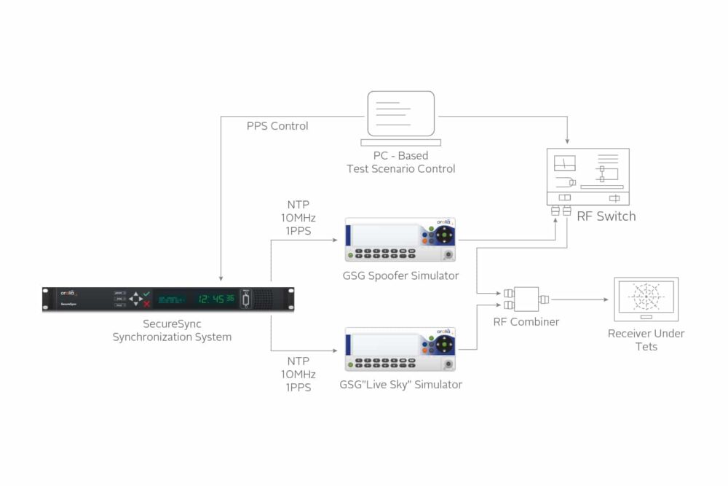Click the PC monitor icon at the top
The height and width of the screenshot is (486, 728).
pyautogui.click(x=401, y=114)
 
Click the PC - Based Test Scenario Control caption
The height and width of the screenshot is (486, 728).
pyautogui.click(x=401, y=162)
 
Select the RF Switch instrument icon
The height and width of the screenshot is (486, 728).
pyautogui.click(x=587, y=177)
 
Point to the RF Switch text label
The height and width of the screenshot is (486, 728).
pyautogui.click(x=606, y=216)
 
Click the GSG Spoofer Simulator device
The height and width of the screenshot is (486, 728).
pyautogui.click(x=400, y=239)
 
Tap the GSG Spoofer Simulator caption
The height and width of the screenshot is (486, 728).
pyautogui.click(x=400, y=275)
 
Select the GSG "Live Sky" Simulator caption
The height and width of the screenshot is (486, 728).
pyautogui.click(x=401, y=385)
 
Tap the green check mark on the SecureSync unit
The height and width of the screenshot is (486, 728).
pyautogui.click(x=146, y=293)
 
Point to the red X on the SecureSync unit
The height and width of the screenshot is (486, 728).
pyautogui.click(x=146, y=304)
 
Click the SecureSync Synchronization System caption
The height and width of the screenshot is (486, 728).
pyautogui.click(x=172, y=330)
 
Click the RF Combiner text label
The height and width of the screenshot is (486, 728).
pyautogui.click(x=524, y=321)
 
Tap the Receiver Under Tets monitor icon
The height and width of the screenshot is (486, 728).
pyautogui.click(x=646, y=299)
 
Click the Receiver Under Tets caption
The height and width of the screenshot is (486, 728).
pyautogui.click(x=646, y=340)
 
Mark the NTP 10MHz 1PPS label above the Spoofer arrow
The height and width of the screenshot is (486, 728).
pyautogui.click(x=298, y=219)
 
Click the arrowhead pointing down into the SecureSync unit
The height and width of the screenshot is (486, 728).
pyautogui.click(x=220, y=278)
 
